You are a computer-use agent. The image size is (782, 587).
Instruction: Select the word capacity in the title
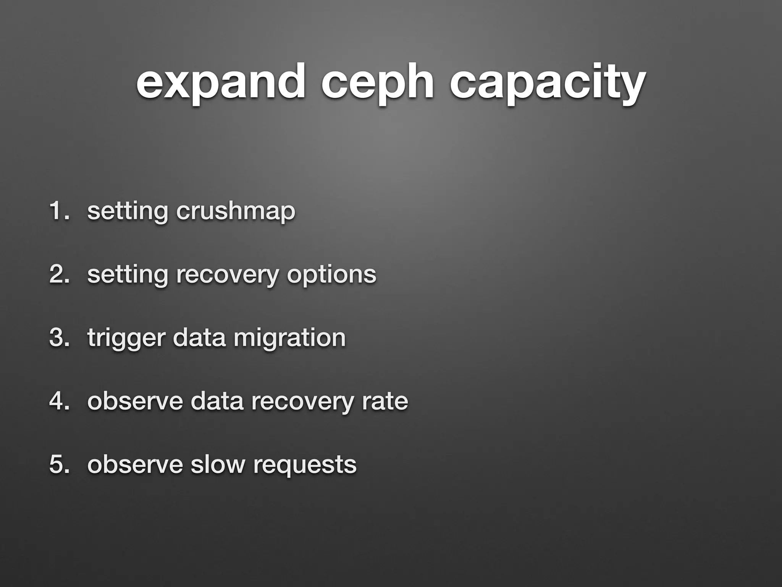coord(548,82)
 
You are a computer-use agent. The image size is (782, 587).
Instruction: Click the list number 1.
coord(57,211)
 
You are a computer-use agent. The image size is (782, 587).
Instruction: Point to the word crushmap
coord(236,211)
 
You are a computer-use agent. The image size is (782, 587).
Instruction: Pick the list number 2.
coord(59,274)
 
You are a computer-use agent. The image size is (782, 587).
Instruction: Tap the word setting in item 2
coord(128,274)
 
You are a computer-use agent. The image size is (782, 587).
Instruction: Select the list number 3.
coord(59,337)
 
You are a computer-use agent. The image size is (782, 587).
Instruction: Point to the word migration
coord(289,337)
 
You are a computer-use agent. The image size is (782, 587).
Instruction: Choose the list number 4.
coord(59,401)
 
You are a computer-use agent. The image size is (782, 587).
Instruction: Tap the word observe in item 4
coord(135,401)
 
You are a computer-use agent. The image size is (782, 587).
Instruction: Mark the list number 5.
coord(59,464)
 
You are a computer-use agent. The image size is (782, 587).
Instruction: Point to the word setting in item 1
coord(128,211)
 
